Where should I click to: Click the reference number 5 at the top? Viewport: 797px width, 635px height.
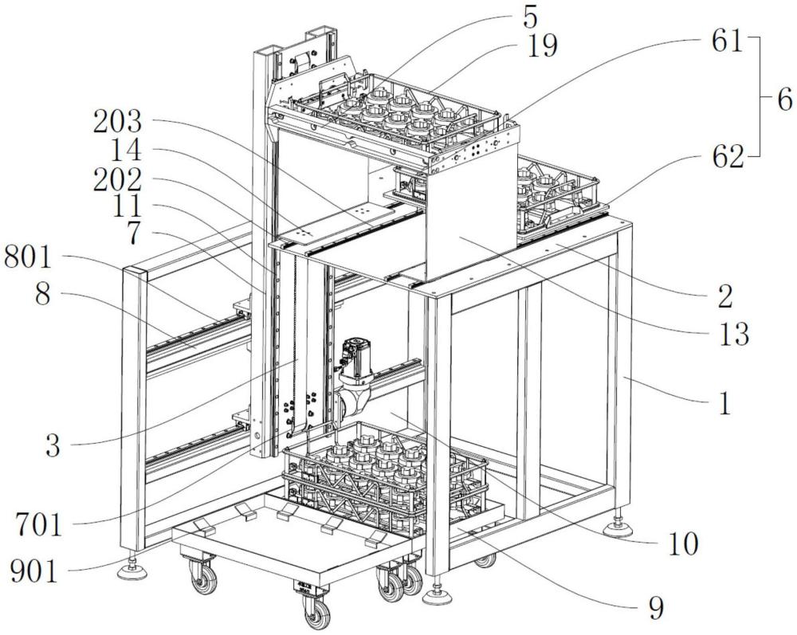click(x=528, y=18)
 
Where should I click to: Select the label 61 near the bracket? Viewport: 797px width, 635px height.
click(x=727, y=41)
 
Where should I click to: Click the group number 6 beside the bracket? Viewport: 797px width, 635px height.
click(x=783, y=99)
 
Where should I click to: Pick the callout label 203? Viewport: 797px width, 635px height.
click(x=117, y=122)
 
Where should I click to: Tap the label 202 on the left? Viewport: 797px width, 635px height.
click(x=117, y=179)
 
